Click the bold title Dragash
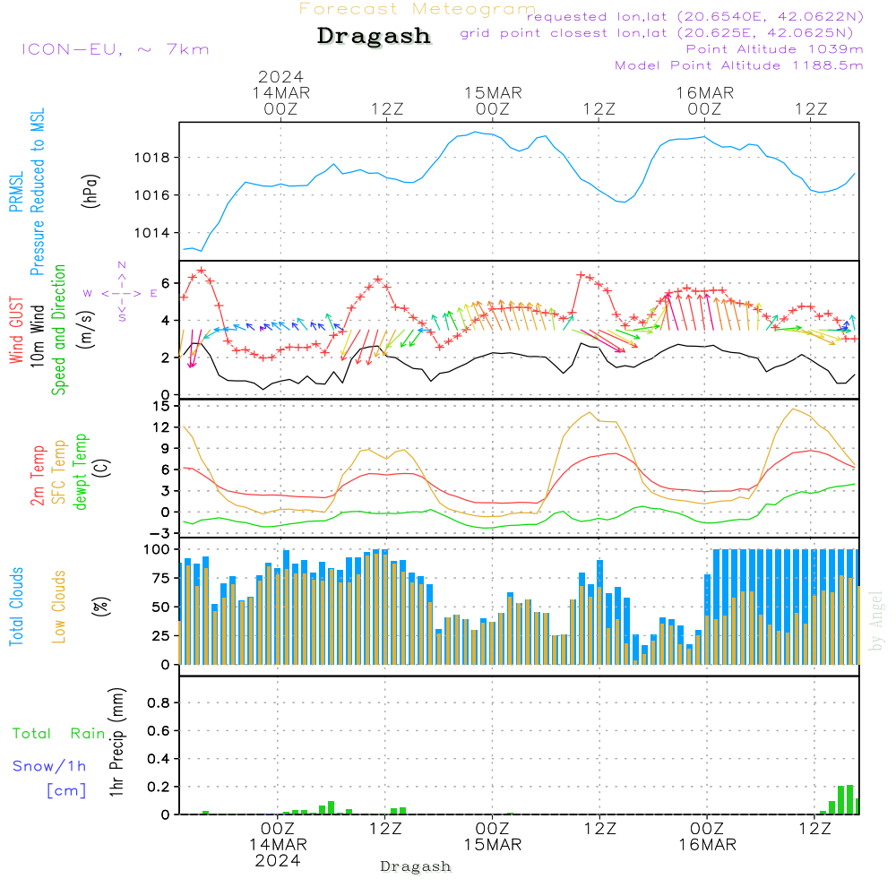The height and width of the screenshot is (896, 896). tap(374, 37)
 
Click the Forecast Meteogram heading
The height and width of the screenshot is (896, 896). tap(418, 9)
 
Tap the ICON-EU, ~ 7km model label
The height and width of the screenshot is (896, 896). tap(115, 49)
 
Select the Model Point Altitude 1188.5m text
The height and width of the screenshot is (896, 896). tap(739, 65)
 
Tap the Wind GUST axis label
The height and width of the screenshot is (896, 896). tap(16, 330)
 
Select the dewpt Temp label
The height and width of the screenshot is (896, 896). tap(81, 472)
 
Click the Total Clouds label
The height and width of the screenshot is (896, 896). tap(16, 607)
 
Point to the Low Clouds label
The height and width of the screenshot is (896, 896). tap(59, 607)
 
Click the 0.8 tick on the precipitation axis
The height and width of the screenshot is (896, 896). tap(159, 703)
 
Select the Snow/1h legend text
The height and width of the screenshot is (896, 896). tap(50, 766)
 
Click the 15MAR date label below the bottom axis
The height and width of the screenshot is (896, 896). tap(493, 845)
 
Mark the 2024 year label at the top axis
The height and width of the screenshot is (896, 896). tap(281, 76)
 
